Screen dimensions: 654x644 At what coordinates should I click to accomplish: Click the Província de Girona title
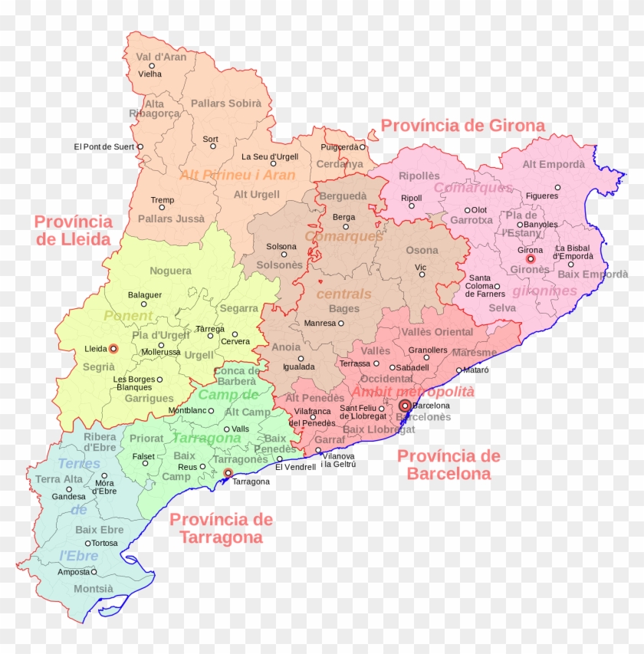463,126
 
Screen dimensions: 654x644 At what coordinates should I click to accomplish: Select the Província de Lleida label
74,230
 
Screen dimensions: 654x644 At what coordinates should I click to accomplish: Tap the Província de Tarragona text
222,528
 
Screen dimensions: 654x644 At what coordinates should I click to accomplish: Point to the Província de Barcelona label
449,465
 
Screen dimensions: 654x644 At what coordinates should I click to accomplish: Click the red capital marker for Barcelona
406,406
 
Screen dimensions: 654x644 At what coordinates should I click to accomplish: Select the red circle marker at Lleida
113,349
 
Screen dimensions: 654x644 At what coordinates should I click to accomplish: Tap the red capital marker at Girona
530,259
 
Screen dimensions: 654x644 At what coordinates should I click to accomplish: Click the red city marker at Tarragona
228,473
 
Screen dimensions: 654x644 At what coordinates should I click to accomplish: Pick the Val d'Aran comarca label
161,57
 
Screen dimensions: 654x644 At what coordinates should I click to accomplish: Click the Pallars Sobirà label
226,103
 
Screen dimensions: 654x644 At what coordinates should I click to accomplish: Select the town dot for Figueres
557,187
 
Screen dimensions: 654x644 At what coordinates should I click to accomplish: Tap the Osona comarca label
422,250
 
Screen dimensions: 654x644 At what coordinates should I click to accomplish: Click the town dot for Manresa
340,324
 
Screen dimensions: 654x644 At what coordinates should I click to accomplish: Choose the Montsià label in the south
94,589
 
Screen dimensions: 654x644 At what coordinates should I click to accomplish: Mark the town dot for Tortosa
88,543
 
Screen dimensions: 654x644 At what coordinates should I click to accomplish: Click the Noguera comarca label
170,271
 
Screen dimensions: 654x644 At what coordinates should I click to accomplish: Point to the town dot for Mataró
458,370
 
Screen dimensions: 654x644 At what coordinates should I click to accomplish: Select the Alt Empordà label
554,164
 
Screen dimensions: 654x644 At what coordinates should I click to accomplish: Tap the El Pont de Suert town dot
140,146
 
